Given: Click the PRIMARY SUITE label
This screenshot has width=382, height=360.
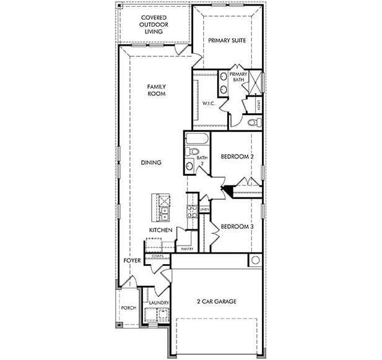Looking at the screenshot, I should (227, 40).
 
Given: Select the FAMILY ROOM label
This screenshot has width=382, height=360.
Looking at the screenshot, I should (156, 90).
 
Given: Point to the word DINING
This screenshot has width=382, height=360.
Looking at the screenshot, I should (151, 163).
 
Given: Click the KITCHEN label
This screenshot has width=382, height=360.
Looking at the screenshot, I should (160, 230).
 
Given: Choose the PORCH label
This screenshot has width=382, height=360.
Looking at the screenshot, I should (128, 307).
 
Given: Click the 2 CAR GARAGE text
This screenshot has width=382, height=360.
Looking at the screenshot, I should (217, 301).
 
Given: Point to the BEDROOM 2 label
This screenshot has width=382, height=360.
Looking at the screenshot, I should (238, 157).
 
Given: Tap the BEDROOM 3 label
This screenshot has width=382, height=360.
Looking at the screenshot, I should (238, 226).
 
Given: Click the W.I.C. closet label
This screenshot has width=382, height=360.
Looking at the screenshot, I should (208, 103).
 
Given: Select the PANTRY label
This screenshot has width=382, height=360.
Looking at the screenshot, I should (187, 249).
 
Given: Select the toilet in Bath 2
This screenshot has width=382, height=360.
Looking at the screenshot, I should (193, 151).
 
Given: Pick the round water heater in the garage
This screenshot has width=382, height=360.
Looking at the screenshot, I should (254, 260).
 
